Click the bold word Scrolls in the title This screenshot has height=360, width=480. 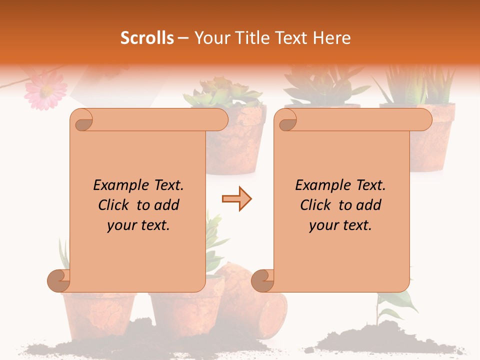[147, 38]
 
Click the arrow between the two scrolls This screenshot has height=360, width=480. [236, 199]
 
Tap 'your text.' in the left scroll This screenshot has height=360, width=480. [138, 225]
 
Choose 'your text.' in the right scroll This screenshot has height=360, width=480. [340, 225]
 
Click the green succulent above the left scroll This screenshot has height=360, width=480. [222, 93]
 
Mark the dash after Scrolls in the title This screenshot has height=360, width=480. [183, 38]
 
